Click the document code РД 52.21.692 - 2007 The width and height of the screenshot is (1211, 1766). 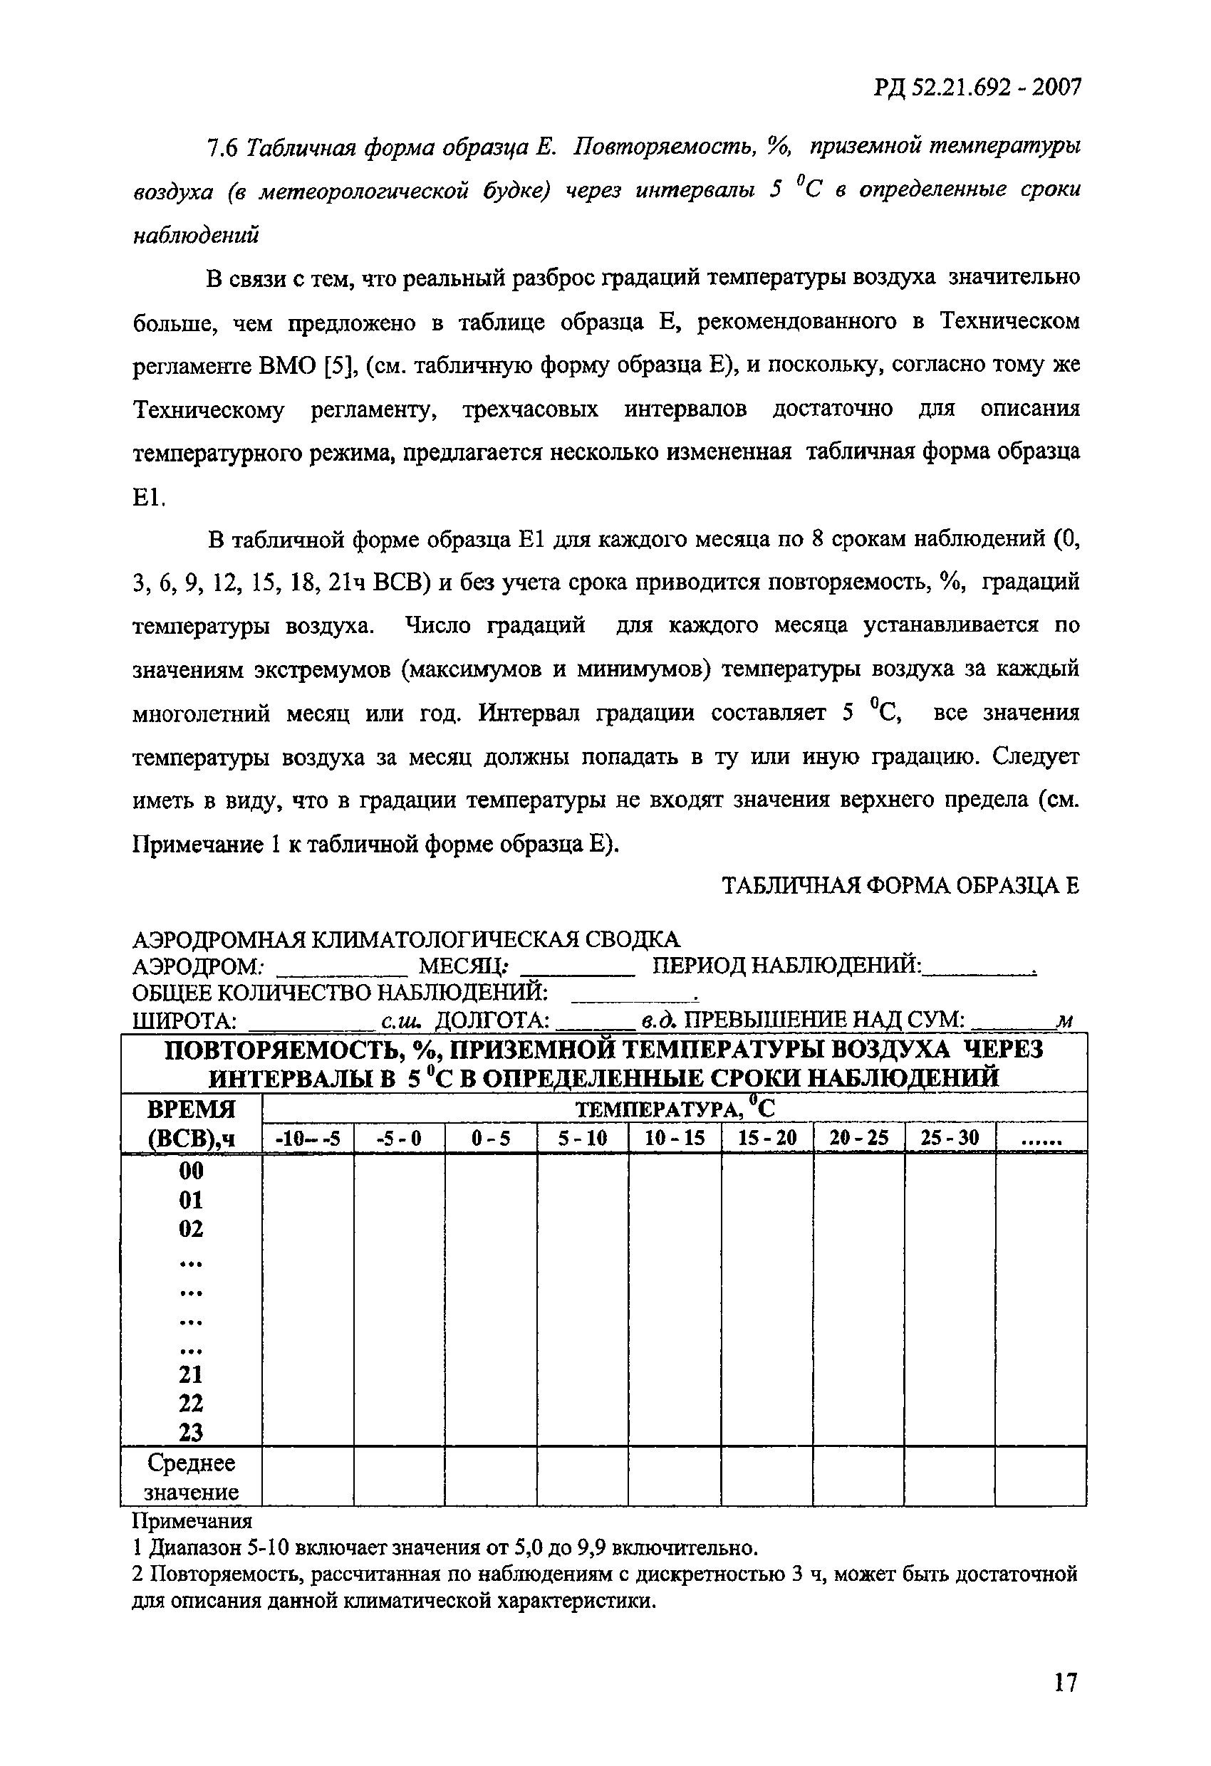tap(976, 88)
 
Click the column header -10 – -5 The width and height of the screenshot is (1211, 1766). tap(308, 1139)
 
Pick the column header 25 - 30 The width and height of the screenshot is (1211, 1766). tap(950, 1139)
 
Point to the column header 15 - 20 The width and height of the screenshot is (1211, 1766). tap(767, 1139)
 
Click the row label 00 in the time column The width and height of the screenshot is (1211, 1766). tap(191, 1171)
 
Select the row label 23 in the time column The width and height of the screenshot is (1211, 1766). tap(191, 1433)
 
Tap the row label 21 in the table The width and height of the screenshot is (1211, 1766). tap(191, 1374)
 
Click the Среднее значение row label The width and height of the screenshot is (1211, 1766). tap(191, 1476)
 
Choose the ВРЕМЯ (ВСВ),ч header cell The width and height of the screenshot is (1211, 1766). tap(191, 1124)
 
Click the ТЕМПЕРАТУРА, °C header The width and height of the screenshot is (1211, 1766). tap(674, 1108)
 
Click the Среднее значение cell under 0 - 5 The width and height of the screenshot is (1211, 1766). tap(490, 1476)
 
